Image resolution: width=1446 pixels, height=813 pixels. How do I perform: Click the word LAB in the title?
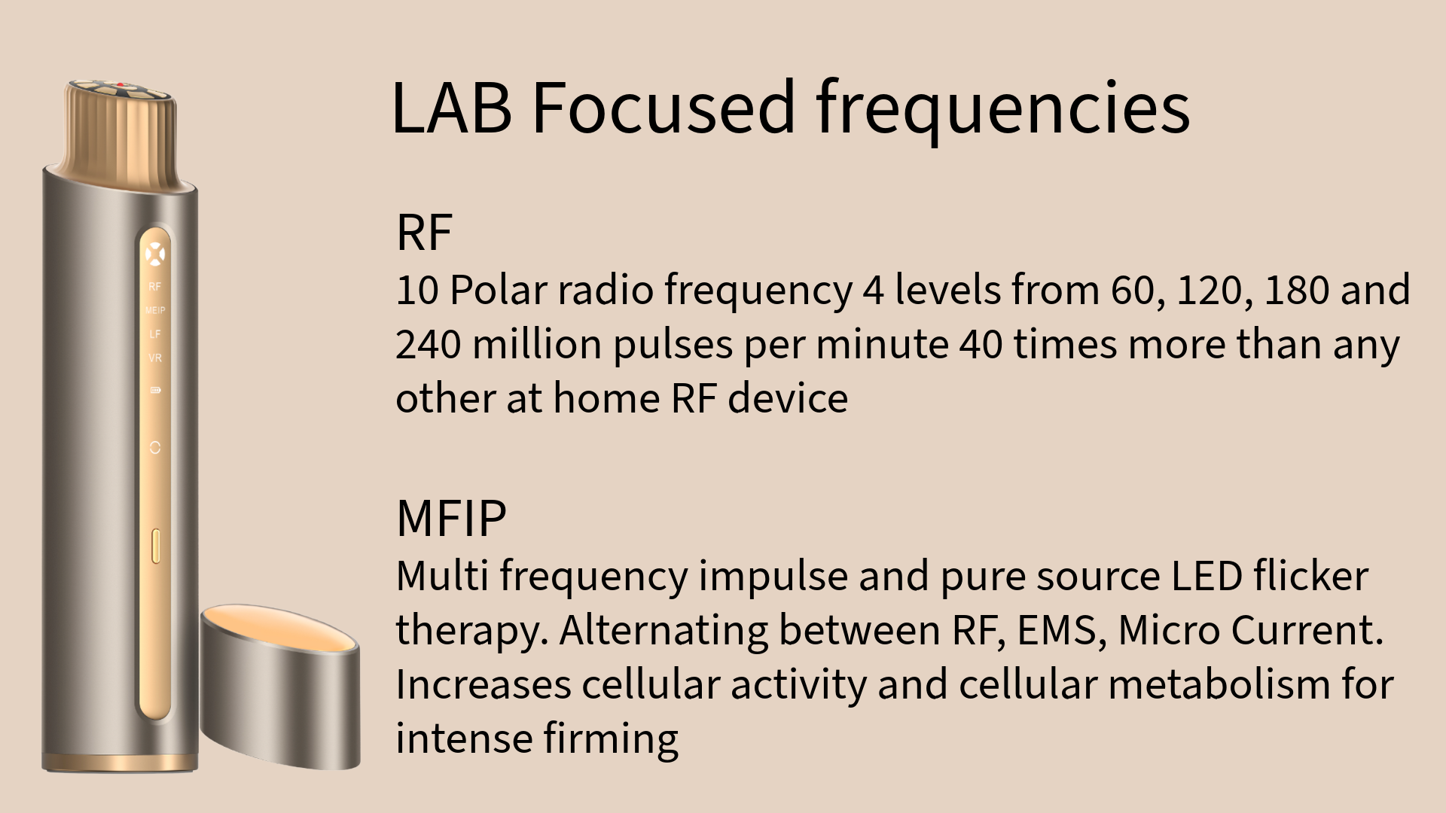coord(451,107)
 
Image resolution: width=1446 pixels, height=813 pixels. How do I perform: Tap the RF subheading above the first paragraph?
coord(424,232)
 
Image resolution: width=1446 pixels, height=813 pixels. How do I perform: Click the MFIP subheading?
coord(451,518)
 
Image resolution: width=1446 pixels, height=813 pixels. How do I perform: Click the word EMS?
coord(1062,631)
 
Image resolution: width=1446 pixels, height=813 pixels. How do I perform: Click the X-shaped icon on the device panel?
coord(154,254)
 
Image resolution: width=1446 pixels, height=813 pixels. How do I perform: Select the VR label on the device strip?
coord(155,358)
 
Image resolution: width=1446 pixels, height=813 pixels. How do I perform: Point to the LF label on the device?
coord(155,333)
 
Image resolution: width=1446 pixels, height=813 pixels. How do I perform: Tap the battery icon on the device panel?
coord(155,390)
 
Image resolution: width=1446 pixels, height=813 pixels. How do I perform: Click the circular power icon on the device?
coord(155,447)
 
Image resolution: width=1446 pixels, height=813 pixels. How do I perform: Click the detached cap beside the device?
coord(280,687)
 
